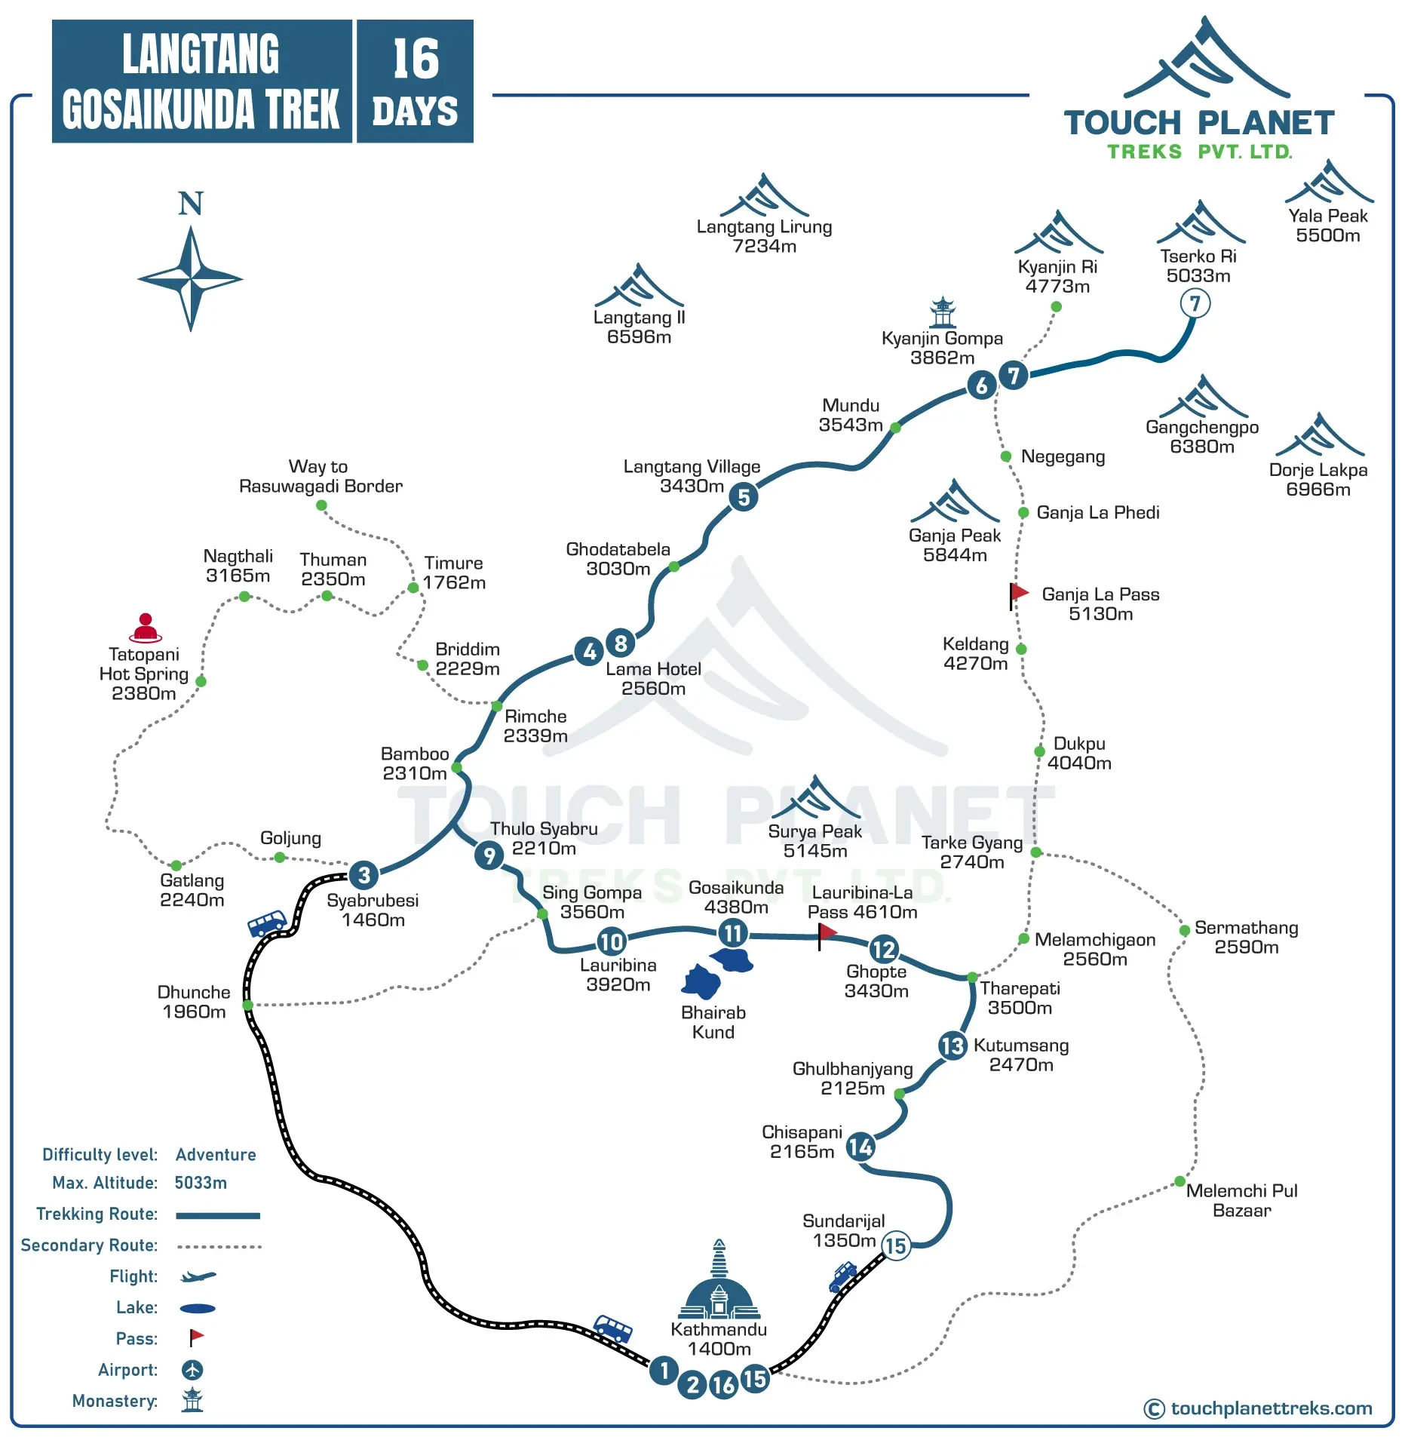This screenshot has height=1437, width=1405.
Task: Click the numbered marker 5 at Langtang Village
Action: (x=744, y=497)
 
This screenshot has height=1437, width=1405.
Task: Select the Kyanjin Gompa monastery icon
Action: (x=942, y=312)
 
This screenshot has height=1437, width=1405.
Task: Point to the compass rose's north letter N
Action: (x=190, y=204)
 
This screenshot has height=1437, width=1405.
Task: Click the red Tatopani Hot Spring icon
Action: (x=145, y=628)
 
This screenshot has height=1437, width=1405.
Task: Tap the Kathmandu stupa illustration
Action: (x=719, y=1282)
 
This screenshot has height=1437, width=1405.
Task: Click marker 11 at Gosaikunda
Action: (x=732, y=934)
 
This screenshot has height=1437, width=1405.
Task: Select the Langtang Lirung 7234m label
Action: (x=764, y=236)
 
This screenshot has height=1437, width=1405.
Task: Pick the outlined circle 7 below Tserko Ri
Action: (x=1195, y=304)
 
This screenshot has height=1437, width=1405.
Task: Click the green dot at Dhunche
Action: (x=247, y=1005)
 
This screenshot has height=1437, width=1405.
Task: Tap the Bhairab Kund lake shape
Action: (x=701, y=982)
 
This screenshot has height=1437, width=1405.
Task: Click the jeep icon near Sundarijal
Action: (x=842, y=1277)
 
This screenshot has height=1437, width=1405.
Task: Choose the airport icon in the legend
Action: (x=192, y=1370)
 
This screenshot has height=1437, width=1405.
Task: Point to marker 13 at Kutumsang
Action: (x=953, y=1046)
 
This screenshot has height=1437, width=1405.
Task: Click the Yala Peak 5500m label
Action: (x=1327, y=226)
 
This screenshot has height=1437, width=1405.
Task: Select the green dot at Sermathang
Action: (x=1185, y=930)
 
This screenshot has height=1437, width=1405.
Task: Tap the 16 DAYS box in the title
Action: (x=415, y=81)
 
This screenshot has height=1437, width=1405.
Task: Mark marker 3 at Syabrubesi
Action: (x=364, y=875)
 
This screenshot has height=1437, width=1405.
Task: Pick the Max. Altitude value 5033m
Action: (x=201, y=1183)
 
